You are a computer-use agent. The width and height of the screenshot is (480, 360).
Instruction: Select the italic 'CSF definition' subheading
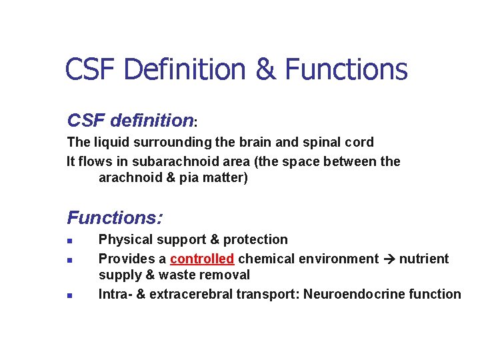(x=130, y=121)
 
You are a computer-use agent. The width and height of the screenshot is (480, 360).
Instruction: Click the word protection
(x=255, y=239)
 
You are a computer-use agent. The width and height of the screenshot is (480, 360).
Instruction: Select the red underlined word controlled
(x=202, y=259)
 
